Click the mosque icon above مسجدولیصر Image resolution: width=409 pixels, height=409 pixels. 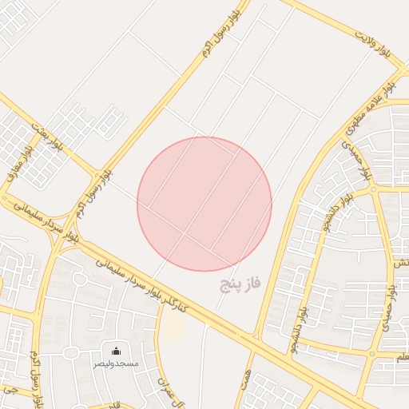tap(117, 351)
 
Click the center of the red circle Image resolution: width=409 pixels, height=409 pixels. tap(204, 204)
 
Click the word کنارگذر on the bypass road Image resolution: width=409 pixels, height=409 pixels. tap(173, 300)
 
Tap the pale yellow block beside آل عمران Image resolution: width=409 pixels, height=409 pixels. tap(172, 328)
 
